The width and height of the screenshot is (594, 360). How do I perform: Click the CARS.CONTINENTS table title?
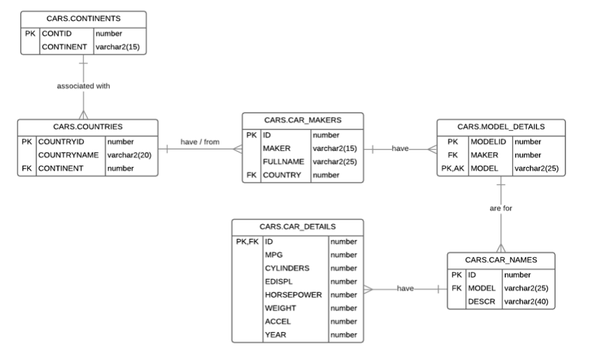(x=83, y=18)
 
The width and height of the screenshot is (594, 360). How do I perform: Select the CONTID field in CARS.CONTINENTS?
(x=57, y=33)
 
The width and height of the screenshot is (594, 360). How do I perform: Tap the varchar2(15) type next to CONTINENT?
(x=119, y=47)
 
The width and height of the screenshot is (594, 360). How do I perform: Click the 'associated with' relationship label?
(x=83, y=86)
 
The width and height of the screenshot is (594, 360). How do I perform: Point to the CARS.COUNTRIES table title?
(x=88, y=127)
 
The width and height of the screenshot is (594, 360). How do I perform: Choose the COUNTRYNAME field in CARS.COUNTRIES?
(x=70, y=154)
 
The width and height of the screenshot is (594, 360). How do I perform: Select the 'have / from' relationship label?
(x=200, y=142)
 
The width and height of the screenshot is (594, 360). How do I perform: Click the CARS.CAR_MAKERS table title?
(x=303, y=121)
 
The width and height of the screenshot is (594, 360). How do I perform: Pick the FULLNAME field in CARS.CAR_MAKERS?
(x=283, y=161)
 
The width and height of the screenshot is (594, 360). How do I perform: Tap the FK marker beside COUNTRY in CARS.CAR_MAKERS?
(x=252, y=175)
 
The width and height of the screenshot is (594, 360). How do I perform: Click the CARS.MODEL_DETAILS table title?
(x=500, y=127)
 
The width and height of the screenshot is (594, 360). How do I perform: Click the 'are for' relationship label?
(x=500, y=208)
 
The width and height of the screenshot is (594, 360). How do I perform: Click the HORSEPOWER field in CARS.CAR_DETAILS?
(x=294, y=295)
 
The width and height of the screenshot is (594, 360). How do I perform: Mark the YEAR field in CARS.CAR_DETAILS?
(x=275, y=335)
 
